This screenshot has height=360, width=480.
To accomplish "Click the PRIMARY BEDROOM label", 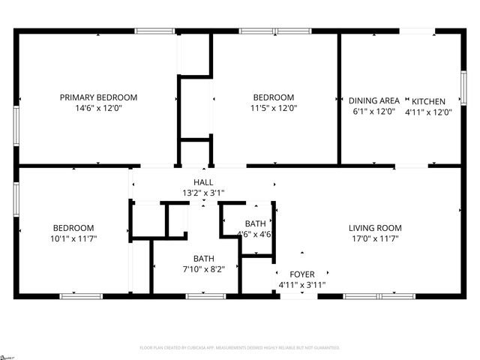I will pyautogui.click(x=99, y=97).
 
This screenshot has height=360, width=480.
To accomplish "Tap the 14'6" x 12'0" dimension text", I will pyautogui.click(x=99, y=108).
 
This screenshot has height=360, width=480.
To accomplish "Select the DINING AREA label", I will pyautogui.click(x=373, y=101).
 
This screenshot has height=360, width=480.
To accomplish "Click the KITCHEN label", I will pyautogui.click(x=428, y=102).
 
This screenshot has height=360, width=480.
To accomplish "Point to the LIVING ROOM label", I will pyautogui.click(x=375, y=228).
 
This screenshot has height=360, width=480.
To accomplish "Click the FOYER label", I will pyautogui.click(x=302, y=274).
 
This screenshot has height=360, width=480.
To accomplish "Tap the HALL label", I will pyautogui.click(x=203, y=182).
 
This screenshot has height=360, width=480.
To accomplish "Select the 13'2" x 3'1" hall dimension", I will pyautogui.click(x=203, y=193).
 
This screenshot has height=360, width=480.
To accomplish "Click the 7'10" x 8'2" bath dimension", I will pyautogui.click(x=204, y=269).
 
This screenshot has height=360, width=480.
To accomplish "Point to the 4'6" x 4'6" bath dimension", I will pyautogui.click(x=254, y=234).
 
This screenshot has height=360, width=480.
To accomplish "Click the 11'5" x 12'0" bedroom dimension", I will pyautogui.click(x=273, y=108).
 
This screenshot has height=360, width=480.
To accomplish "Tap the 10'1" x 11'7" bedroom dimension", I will pyautogui.click(x=73, y=238).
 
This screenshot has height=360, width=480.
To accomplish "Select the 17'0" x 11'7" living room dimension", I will pyautogui.click(x=375, y=238).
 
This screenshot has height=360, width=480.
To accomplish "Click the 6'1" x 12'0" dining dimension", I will pyautogui.click(x=373, y=112).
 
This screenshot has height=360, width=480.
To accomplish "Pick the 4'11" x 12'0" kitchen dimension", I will pyautogui.click(x=428, y=112).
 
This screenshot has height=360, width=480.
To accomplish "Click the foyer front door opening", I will pyautogui.click(x=293, y=296).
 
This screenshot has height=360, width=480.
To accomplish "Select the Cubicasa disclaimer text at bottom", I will pyautogui.click(x=240, y=348).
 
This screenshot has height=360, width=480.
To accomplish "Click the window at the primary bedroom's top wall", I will pyautogui.click(x=154, y=31).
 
